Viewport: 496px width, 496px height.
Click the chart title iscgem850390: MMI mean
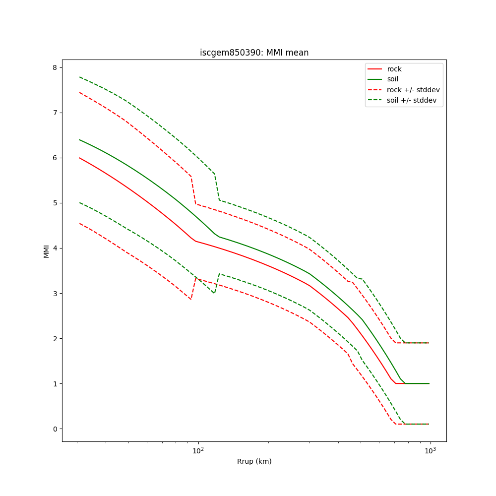pyautogui.click(x=254, y=53)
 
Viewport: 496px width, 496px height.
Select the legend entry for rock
pyautogui.click(x=394, y=69)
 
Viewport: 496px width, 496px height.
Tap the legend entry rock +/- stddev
pyautogui.click(x=413, y=90)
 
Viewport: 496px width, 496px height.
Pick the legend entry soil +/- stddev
pyautogui.click(x=413, y=100)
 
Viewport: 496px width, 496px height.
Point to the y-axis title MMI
pyautogui.click(x=47, y=250)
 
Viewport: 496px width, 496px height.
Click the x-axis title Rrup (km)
pyautogui.click(x=254, y=461)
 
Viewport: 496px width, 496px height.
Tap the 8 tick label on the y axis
pyautogui.click(x=55, y=67)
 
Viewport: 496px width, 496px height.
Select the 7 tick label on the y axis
pyautogui.click(x=55, y=113)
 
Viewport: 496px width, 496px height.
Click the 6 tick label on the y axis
pyautogui.click(x=55, y=158)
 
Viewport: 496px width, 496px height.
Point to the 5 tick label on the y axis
pyautogui.click(x=55, y=203)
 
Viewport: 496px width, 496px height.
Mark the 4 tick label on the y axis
pyautogui.click(x=55, y=248)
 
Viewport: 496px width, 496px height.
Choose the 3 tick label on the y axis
pyautogui.click(x=55, y=293)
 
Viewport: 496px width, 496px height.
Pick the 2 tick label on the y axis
pyautogui.click(x=55, y=338)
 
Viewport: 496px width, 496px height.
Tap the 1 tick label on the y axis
pyautogui.click(x=55, y=383)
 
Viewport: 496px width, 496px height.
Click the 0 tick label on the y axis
pyautogui.click(x=55, y=429)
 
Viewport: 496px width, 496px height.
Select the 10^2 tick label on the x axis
pyautogui.click(x=198, y=450)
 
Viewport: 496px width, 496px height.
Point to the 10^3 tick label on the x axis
pyautogui.click(x=430, y=450)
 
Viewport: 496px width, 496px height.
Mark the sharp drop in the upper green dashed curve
pyautogui.click(x=217, y=187)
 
